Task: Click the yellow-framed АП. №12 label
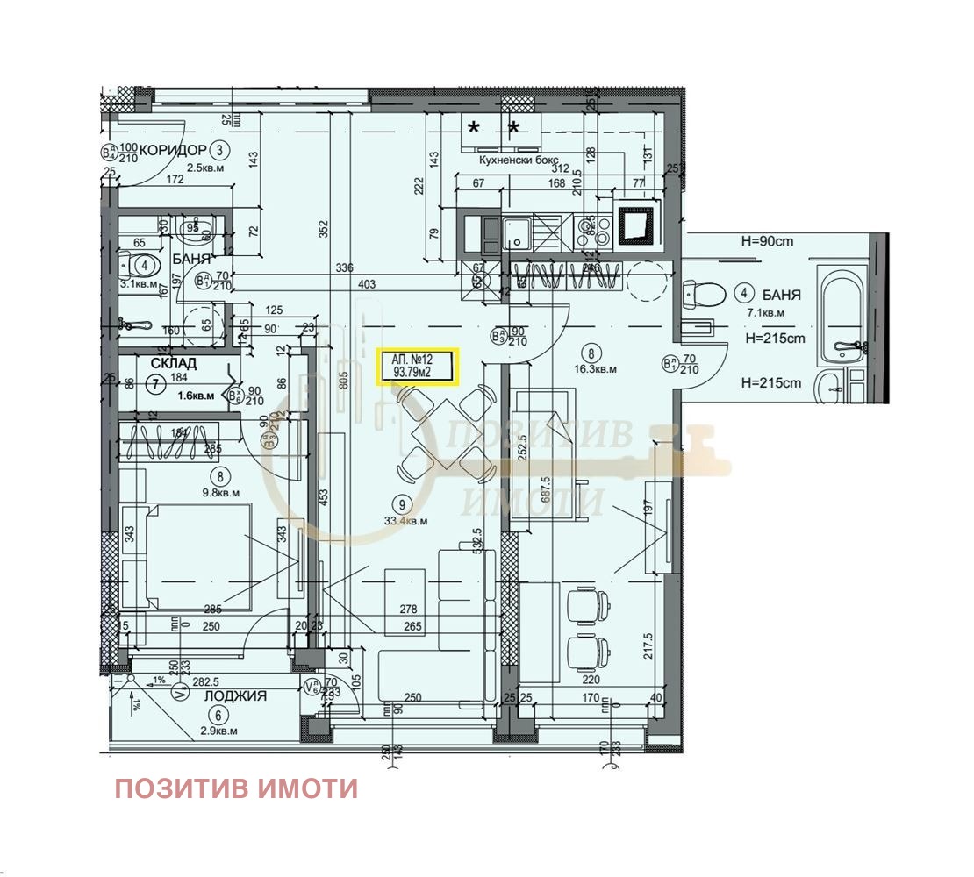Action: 417,367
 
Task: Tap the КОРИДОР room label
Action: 173,150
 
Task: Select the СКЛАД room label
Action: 174,362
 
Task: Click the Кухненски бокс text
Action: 518,160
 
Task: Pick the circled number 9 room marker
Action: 402,504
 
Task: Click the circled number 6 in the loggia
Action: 218,714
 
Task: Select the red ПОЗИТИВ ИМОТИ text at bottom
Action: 236,788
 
